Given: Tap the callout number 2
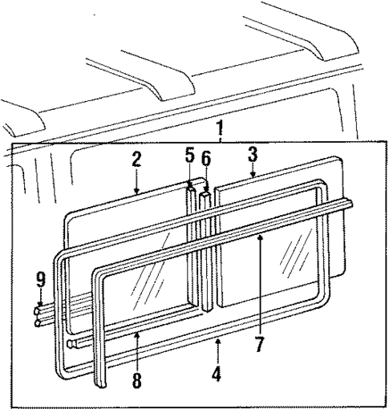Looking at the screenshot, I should [x=136, y=158].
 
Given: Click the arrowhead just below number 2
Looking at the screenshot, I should [x=136, y=192].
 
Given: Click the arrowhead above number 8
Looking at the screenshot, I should [x=137, y=333].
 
